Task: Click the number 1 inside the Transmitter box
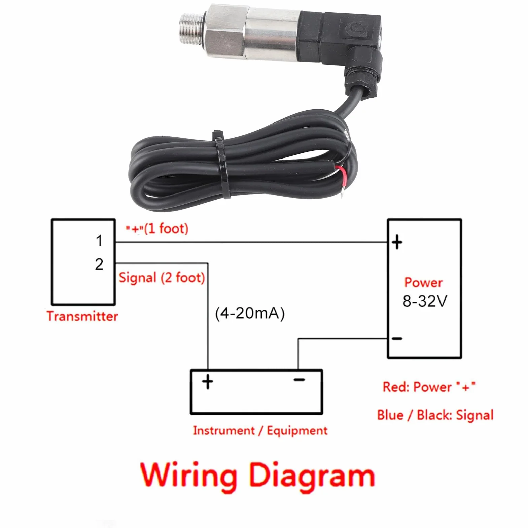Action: pos(99,241)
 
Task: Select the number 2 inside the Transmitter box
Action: pos(99,264)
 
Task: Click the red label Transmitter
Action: pos(82,316)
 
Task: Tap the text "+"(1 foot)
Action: pos(157,229)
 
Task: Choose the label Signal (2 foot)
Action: pos(162,278)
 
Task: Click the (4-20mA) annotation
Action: pos(250,313)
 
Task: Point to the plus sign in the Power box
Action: pos(397,242)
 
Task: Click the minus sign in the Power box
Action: pos(397,338)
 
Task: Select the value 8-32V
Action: pos(425,301)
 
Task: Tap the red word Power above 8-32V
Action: pos(423,282)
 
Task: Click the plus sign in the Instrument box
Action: pos(208,382)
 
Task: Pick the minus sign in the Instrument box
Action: pos(299,380)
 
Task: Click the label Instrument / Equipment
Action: pos(260,431)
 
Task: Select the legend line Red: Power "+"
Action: pos(429,387)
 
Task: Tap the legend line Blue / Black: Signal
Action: pos(435,415)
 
